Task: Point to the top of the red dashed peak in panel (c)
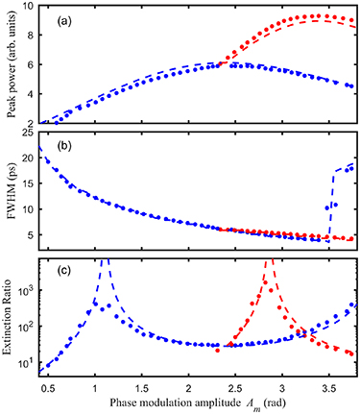274,261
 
